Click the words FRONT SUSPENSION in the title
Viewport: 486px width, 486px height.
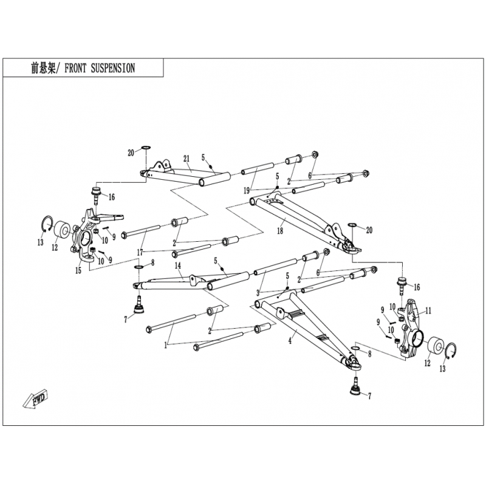point(100,68)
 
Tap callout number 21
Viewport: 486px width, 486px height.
point(187,159)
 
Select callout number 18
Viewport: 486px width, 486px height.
point(280,231)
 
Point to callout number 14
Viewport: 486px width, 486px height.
point(177,265)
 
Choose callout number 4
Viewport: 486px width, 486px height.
point(290,341)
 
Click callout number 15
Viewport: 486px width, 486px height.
point(78,270)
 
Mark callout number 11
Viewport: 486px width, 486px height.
point(428,310)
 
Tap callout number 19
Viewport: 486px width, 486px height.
point(247,191)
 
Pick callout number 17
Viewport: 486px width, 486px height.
point(140,253)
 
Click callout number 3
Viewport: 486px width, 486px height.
point(258,293)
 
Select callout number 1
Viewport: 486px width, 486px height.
point(166,346)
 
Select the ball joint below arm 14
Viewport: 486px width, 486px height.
point(139,306)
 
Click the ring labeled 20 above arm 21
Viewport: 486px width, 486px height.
point(146,147)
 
